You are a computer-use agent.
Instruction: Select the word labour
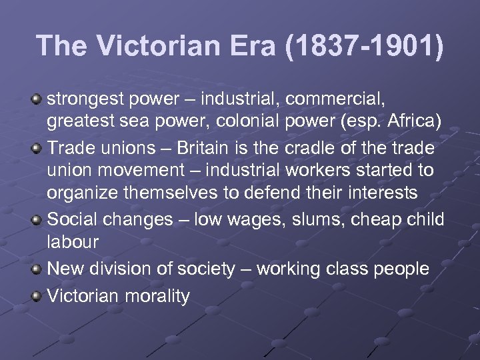(72, 242)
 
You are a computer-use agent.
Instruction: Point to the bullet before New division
(37, 269)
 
